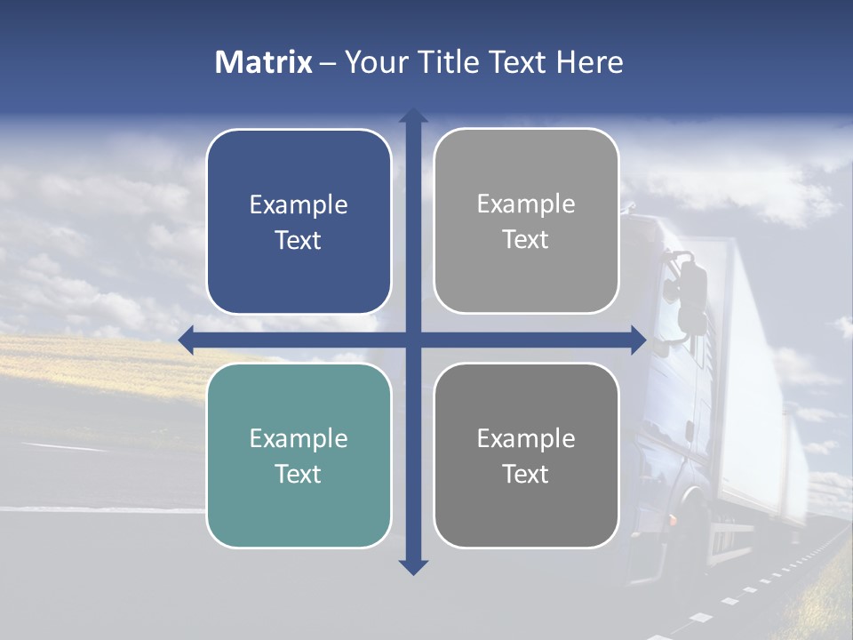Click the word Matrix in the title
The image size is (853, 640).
pos(264,62)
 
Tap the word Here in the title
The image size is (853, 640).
pos(589,62)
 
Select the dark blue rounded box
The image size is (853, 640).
pos(299,221)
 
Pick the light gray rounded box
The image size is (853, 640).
pos(526,221)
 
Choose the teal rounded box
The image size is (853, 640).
pos(299,455)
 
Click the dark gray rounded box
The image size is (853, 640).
pos(526,455)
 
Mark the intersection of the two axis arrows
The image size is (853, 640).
pos(413,340)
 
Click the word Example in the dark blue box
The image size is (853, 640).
pos(299,205)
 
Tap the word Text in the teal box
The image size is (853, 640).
pos(299,474)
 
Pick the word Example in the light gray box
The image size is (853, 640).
pos(526,204)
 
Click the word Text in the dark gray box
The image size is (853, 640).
pos(526,474)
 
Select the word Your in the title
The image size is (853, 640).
pos(373,62)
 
